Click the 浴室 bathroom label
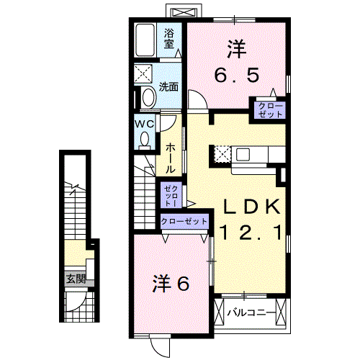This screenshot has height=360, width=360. coord(169,38)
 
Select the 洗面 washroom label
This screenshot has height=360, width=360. coord(169,87)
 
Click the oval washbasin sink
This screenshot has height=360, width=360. coord(148,96)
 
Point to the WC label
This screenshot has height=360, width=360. coord(143,122)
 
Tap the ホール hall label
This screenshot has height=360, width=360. coord(171,156)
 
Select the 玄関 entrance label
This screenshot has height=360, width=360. coord(76,279)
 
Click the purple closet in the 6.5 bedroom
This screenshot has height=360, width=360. coord(268,109)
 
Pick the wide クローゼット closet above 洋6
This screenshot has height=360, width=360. coord(184,222)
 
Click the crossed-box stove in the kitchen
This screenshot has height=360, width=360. coord(222,153)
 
